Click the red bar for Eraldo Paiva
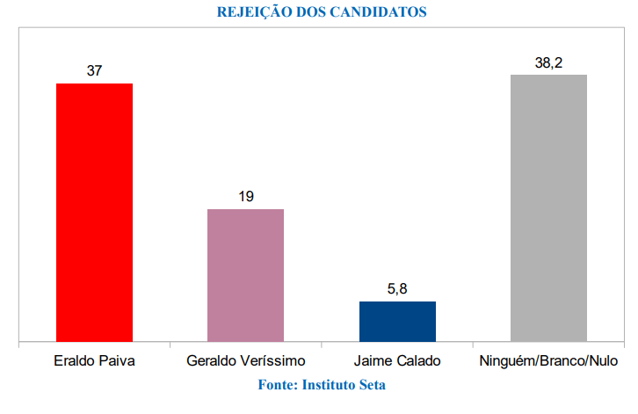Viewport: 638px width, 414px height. (x=94, y=212)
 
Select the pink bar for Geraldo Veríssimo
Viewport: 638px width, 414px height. (x=245, y=274)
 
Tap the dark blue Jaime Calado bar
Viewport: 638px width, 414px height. (x=397, y=321)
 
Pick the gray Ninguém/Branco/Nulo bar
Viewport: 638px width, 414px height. (x=548, y=207)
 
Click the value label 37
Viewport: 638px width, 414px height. (x=94, y=70)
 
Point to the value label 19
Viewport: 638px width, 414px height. (x=245, y=196)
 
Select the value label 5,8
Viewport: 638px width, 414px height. (x=397, y=288)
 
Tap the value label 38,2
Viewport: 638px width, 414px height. (x=548, y=62)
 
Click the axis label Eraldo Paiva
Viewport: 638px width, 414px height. (x=94, y=361)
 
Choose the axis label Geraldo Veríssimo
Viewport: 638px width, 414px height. (x=245, y=361)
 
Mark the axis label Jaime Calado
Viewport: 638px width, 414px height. (x=397, y=361)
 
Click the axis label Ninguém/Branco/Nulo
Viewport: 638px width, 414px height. (x=548, y=361)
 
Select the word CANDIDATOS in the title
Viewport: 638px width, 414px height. (x=382, y=12)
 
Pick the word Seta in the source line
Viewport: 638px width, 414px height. (x=373, y=384)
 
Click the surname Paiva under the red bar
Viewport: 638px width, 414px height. (x=116, y=361)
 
